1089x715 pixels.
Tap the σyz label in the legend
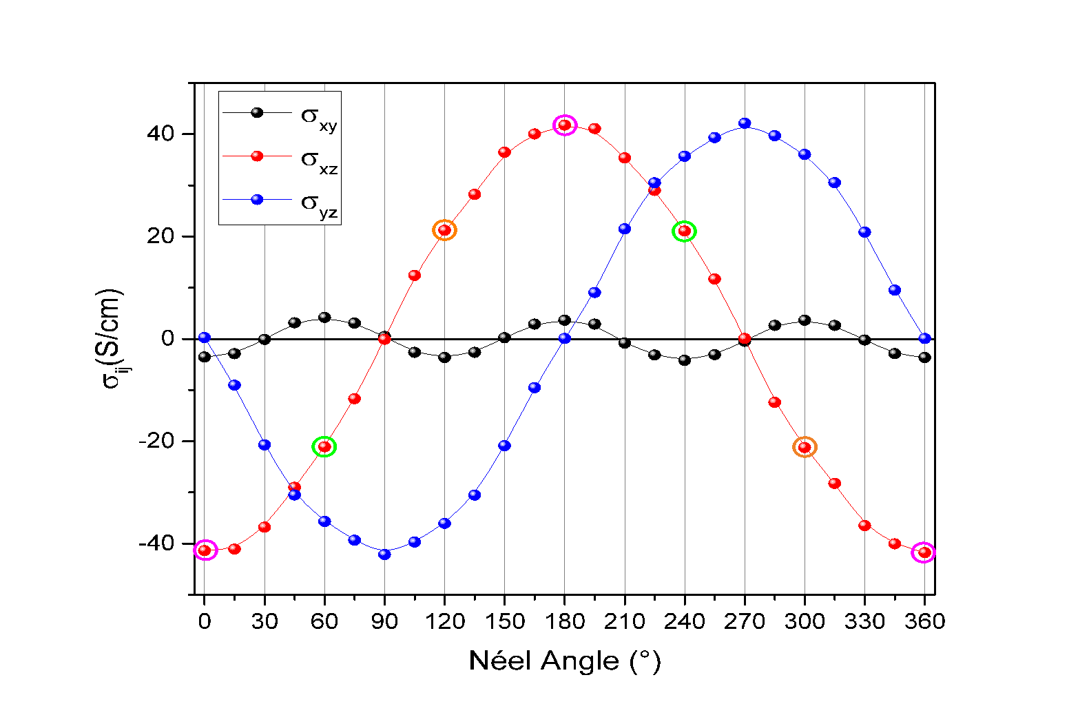[319, 204]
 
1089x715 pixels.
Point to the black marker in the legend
[257, 112]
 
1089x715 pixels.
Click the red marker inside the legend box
[257, 156]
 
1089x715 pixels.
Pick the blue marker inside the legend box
[257, 199]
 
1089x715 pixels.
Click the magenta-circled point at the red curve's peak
[565, 125]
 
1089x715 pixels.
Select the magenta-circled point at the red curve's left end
[205, 550]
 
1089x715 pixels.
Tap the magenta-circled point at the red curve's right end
[924, 552]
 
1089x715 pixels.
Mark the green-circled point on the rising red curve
[324, 447]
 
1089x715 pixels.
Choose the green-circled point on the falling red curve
[685, 231]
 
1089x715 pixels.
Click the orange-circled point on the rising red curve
[445, 230]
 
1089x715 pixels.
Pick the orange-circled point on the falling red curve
[805, 447]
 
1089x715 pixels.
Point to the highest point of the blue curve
[745, 123]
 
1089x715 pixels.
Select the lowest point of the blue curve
[385, 554]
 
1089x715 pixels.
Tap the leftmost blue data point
[204, 338]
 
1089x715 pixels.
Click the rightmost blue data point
[925, 338]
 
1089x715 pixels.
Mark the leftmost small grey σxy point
[203, 355]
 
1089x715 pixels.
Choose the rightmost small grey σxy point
[923, 356]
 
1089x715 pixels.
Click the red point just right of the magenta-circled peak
[594, 129]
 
